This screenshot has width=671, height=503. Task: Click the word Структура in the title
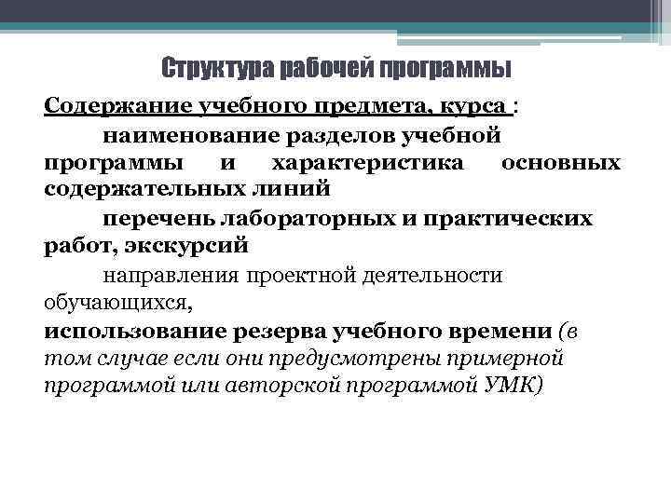coord(208,68)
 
